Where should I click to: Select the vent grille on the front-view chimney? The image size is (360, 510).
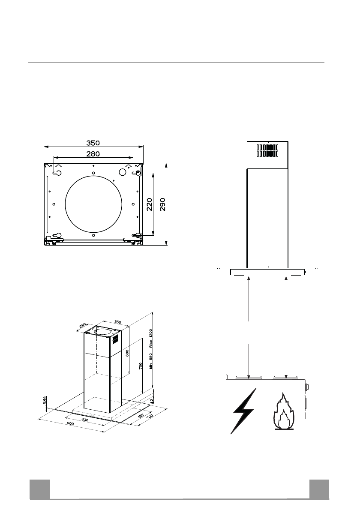tap(268, 150)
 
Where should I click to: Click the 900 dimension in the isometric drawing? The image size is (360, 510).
tap(71, 423)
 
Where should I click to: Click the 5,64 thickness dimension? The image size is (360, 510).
tap(44, 399)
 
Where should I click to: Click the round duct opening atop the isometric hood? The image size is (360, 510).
tap(103, 331)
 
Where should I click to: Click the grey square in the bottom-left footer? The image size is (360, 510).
tap(39, 489)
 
